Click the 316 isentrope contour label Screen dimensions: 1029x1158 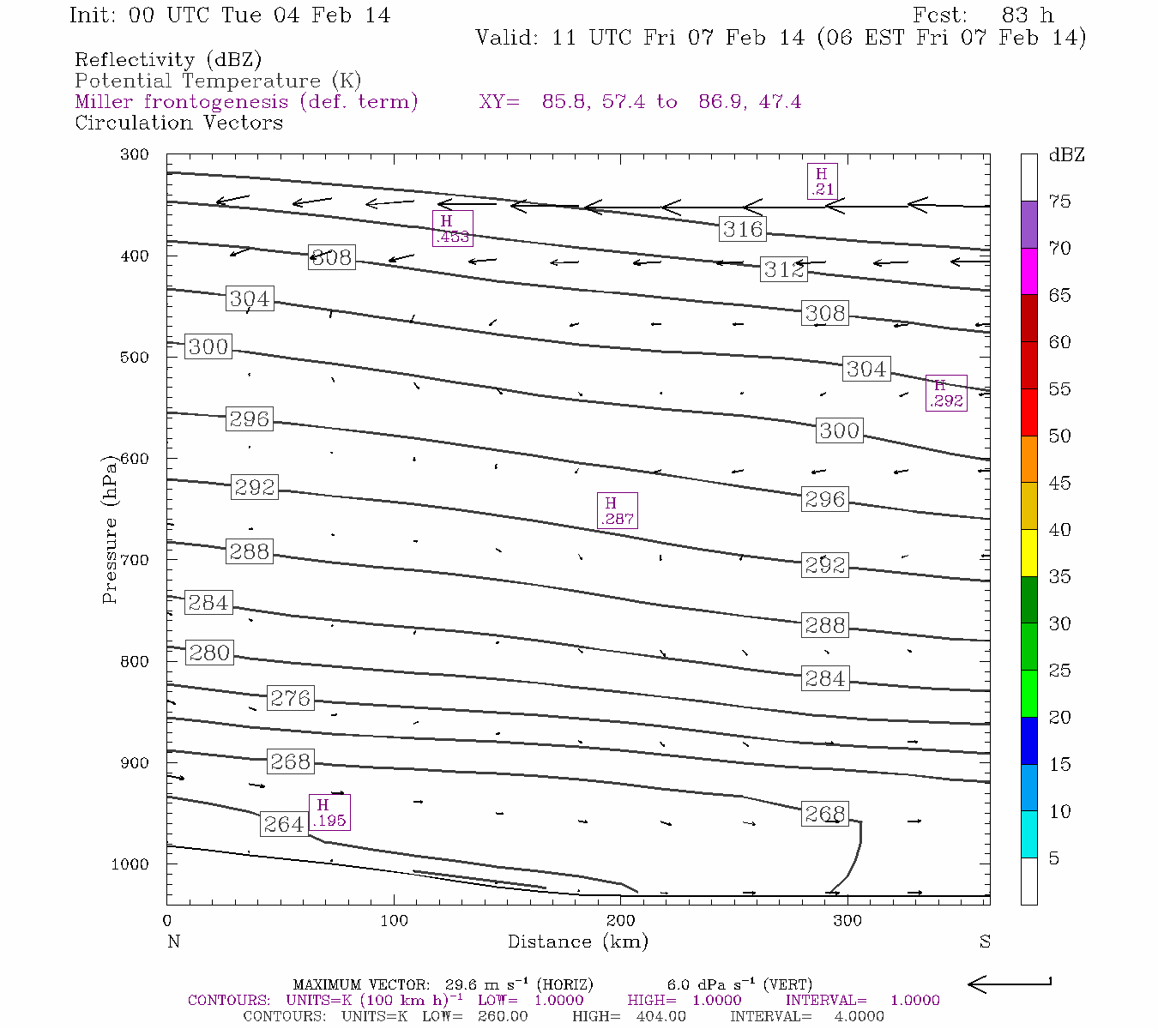(x=742, y=229)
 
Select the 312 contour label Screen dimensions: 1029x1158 (x=783, y=269)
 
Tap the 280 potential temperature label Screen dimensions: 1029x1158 (x=209, y=653)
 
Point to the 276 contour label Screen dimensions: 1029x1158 (x=290, y=698)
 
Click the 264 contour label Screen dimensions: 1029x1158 (x=283, y=824)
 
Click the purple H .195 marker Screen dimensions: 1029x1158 (x=329, y=812)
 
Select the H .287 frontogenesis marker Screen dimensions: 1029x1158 (x=617, y=510)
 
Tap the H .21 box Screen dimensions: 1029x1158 (x=822, y=181)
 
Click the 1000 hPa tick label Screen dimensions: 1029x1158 (x=130, y=864)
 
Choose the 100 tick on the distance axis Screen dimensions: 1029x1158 (x=394, y=921)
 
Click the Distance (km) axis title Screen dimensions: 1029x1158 (x=577, y=942)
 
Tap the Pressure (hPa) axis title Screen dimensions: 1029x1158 (x=110, y=530)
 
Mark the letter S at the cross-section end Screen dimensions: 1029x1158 (x=985, y=942)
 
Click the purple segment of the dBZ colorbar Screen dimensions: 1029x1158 (x=1028, y=225)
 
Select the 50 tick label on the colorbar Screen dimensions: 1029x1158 (x=1059, y=436)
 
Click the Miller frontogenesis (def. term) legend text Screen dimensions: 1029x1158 (x=246, y=102)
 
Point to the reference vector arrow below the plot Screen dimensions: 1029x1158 (x=1010, y=984)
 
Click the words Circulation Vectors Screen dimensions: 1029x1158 (x=178, y=123)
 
